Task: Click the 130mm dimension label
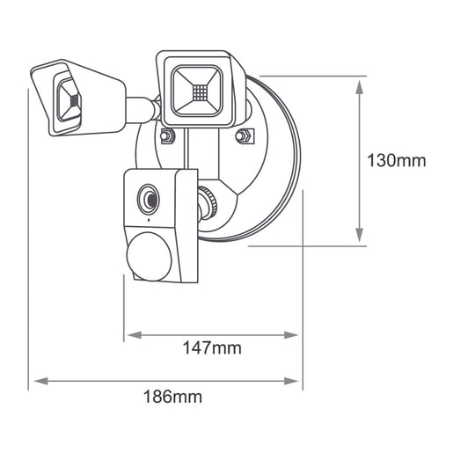(397, 161)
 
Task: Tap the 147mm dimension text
(212, 348)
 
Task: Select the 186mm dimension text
(172, 397)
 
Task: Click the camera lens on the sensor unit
(149, 200)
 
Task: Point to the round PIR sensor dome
(149, 257)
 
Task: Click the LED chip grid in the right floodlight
(200, 91)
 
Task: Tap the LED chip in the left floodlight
(75, 101)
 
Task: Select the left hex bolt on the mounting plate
(167, 136)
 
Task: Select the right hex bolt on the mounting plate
(244, 135)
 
